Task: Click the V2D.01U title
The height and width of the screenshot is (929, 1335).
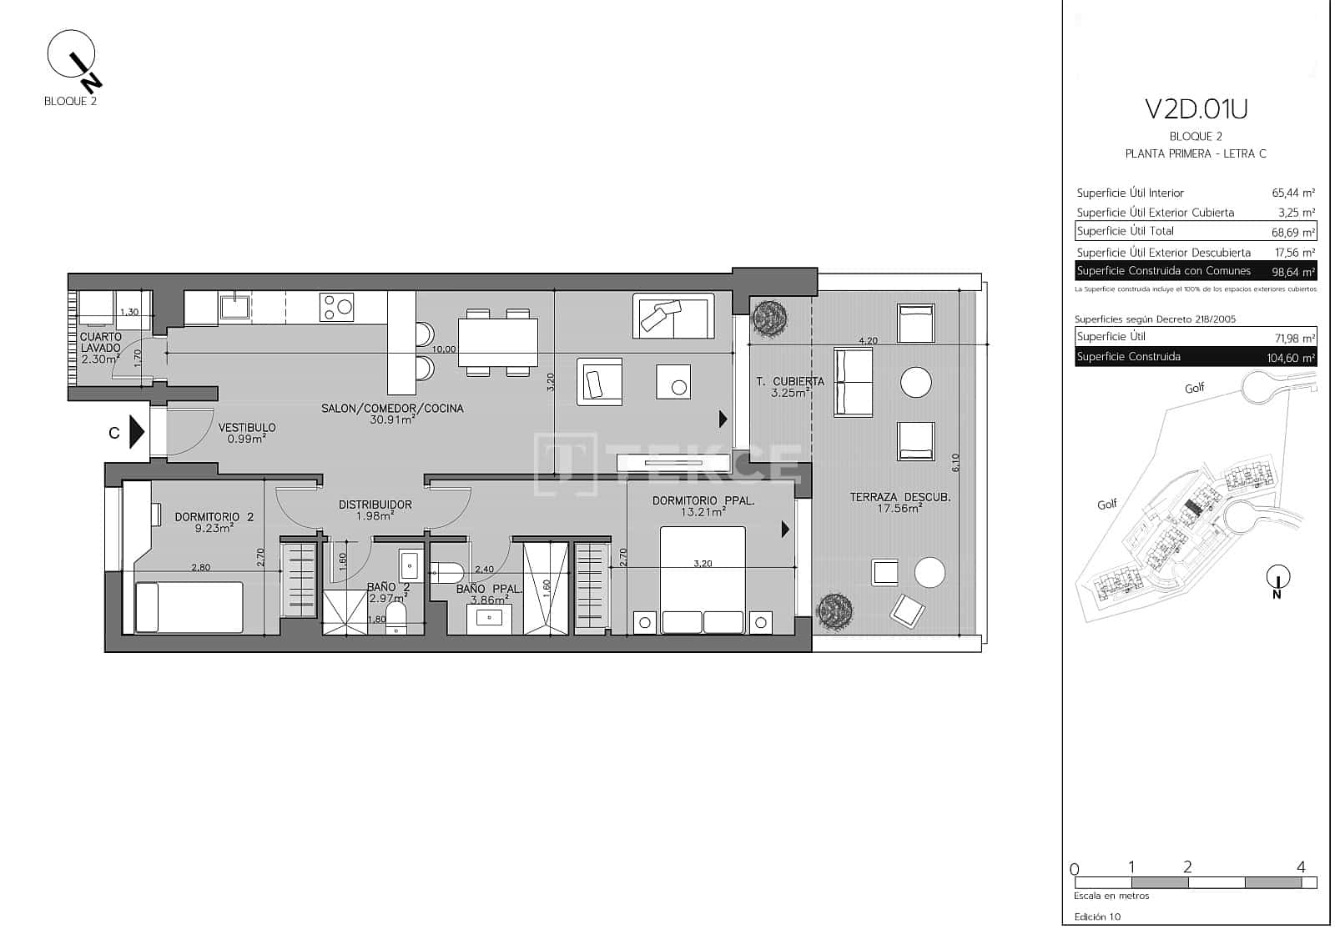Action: pos(1196,109)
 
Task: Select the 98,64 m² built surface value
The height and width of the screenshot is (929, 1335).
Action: pos(1292,272)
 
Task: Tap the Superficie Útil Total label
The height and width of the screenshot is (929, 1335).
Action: pos(1125,231)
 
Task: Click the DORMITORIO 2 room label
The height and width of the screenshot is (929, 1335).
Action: pos(214,517)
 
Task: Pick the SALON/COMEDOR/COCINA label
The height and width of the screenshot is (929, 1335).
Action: pos(392,409)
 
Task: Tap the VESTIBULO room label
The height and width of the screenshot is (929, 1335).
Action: pos(247,428)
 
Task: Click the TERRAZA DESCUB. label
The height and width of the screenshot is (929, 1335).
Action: pos(899,497)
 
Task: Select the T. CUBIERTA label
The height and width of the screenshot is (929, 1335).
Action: pos(789,382)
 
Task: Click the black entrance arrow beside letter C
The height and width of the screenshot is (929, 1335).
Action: pos(138,433)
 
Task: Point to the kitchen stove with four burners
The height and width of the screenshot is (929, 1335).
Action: pos(337,307)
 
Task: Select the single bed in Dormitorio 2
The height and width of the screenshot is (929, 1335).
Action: pos(189,606)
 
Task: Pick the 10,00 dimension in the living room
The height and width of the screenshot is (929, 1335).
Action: pos(444,349)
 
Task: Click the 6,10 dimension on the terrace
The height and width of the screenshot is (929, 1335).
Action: pos(956,462)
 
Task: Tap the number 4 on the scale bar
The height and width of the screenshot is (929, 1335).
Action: pos(1300,867)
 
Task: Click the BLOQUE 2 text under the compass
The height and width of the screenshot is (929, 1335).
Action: pos(71,102)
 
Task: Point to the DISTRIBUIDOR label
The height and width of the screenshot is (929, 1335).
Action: pos(375,505)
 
